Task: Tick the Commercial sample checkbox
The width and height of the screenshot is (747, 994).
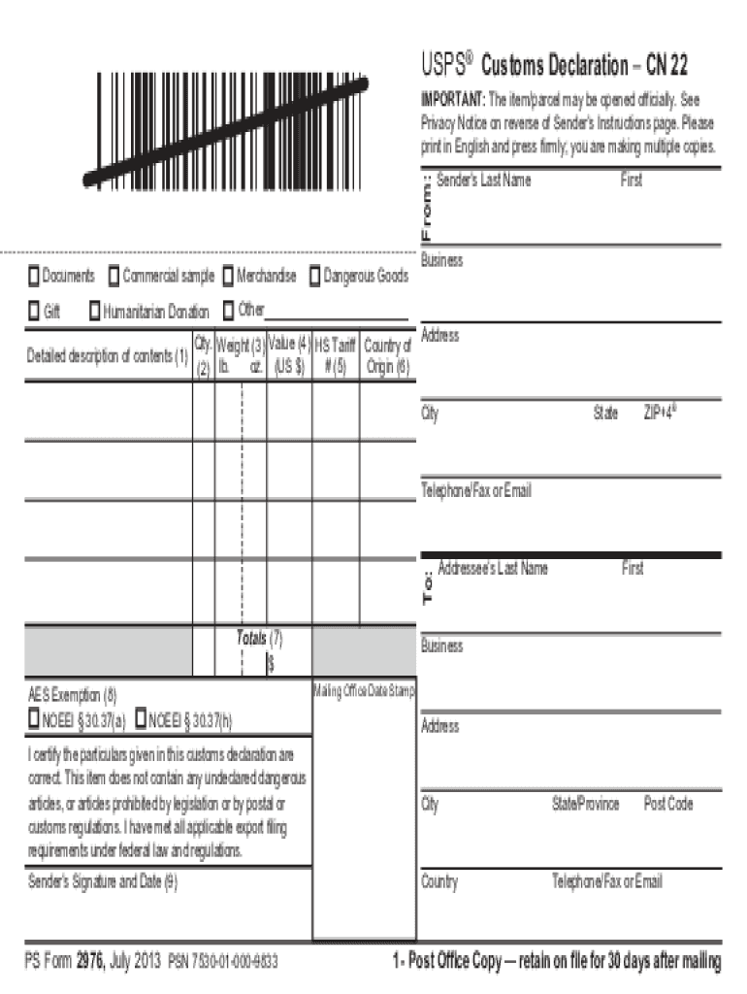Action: [x=114, y=278]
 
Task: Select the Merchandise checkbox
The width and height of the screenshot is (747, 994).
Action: [x=228, y=278]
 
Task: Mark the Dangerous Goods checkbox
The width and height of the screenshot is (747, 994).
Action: [x=314, y=278]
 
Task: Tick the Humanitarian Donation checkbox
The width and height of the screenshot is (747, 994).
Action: [x=94, y=312]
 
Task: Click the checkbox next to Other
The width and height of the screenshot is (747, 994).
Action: [x=228, y=312]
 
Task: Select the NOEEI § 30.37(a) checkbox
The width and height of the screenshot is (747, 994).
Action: [x=34, y=719]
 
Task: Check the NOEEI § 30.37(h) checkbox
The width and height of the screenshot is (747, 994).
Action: [x=141, y=719]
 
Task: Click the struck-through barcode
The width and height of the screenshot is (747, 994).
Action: [x=225, y=131]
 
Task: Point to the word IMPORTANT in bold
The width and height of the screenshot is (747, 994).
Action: [x=451, y=100]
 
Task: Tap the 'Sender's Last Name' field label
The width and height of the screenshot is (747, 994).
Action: [x=484, y=181]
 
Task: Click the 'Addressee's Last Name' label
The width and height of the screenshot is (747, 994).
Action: [x=493, y=569]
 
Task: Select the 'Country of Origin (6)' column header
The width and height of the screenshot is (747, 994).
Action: [x=388, y=356]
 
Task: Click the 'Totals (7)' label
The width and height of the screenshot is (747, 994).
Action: [x=259, y=638]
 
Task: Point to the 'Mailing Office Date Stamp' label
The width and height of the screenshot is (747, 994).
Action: [x=364, y=691]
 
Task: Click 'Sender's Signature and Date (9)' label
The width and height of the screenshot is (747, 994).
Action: [x=103, y=882]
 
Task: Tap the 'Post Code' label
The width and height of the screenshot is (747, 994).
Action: [x=668, y=804]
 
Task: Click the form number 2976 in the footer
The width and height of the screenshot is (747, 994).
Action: [x=90, y=962]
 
